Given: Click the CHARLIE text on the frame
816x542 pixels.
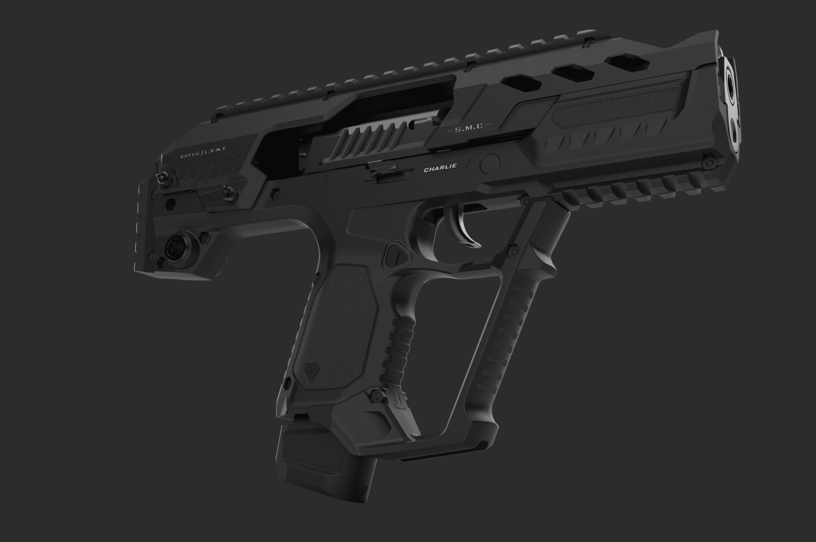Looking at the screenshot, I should (434, 167).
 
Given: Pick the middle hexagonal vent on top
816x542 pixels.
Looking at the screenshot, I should (575, 73).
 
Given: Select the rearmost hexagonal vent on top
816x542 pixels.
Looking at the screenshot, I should (519, 82).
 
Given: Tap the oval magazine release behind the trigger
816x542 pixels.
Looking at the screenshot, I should (394, 255).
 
